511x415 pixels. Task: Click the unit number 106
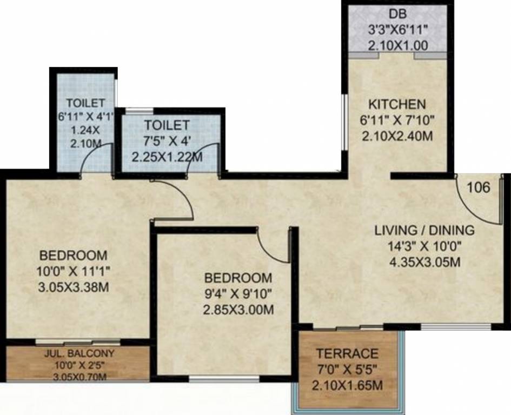click(x=479, y=188)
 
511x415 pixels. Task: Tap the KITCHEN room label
click(x=397, y=104)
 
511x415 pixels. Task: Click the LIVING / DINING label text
click(x=424, y=230)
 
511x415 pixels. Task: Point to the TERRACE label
click(x=347, y=354)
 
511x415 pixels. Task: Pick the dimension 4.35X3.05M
click(x=424, y=263)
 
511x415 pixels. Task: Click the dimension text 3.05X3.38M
click(x=73, y=287)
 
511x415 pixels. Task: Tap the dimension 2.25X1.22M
click(x=168, y=158)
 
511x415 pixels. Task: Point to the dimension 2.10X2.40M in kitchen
click(x=397, y=137)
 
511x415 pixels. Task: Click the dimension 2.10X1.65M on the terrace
click(x=347, y=386)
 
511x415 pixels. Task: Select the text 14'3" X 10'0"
click(x=424, y=246)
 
